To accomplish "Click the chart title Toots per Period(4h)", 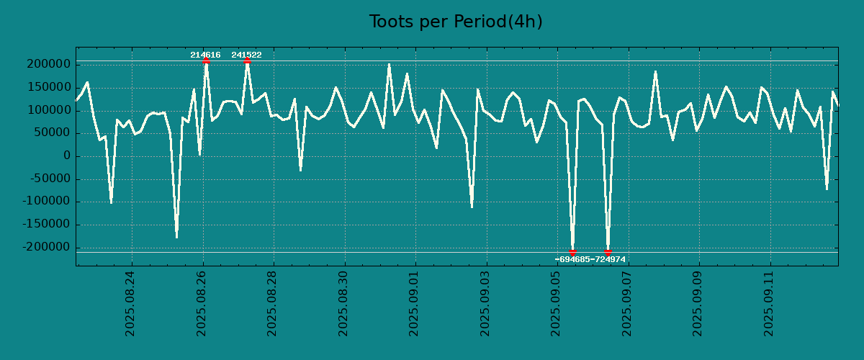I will pos(456,22).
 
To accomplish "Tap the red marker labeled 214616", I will pos(206,60).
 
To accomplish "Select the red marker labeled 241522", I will pos(247,60).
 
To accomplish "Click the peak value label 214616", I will pos(205,55).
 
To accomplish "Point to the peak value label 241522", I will pos(246,55).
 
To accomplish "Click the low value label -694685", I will pos(572,259).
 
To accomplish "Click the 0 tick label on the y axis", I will pos(67,156).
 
